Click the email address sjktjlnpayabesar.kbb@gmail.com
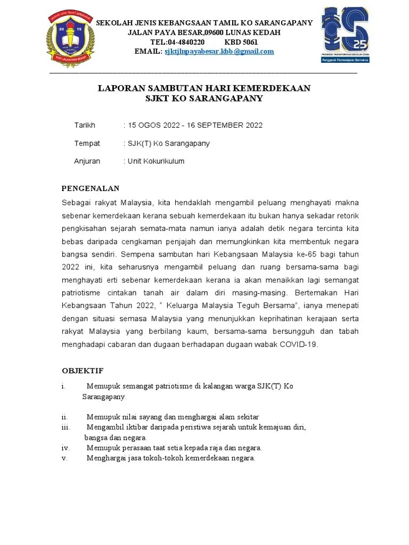coord(219,52)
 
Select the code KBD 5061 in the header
coord(241,42)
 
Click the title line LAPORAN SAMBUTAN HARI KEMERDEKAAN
coord(204,88)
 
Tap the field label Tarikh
coord(84,125)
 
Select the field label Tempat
coord(87,143)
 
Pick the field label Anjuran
coord(87,161)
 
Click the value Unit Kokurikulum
coord(155,161)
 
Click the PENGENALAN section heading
coord(91,188)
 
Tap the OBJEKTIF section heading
coord(83,370)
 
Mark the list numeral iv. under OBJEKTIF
coord(65,448)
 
